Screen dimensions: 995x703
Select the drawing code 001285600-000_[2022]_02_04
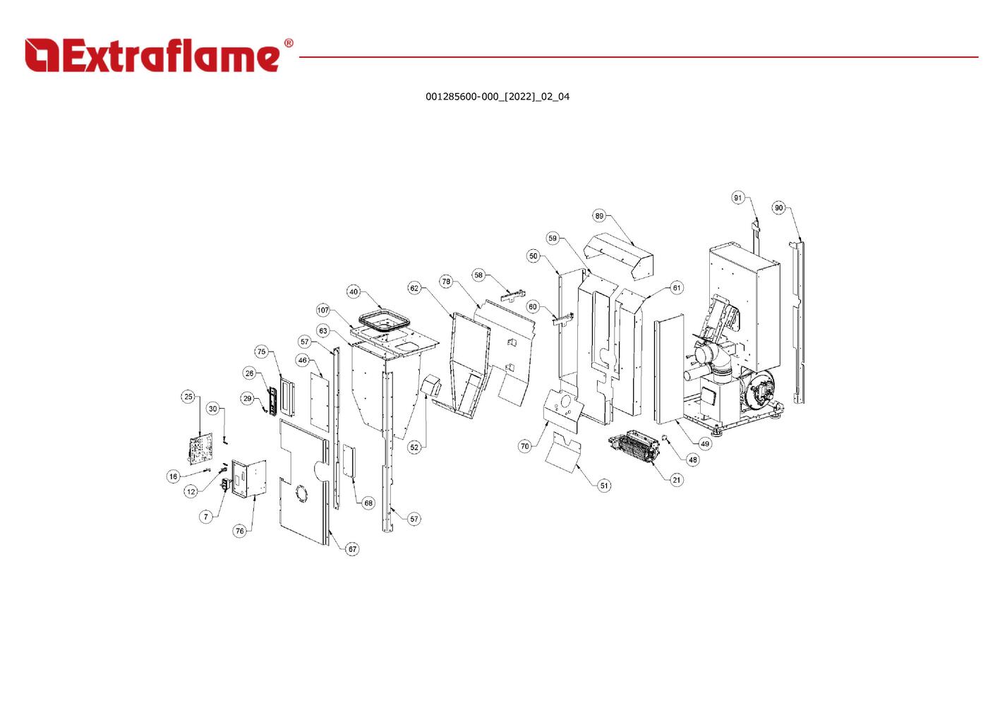pos(497,97)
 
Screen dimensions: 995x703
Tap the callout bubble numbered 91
pos(737,198)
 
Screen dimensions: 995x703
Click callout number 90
pos(778,208)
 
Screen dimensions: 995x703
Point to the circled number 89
pos(599,216)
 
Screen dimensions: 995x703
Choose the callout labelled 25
pos(188,397)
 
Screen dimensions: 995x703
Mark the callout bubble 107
pos(323,310)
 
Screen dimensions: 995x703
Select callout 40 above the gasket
pos(353,292)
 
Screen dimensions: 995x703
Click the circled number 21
pos(676,480)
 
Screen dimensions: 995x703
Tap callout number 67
pos(352,549)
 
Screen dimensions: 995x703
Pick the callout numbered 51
pos(604,486)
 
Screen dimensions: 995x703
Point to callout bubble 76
pos(240,531)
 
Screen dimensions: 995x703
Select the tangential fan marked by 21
pos(634,447)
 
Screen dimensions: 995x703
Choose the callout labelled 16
pos(173,477)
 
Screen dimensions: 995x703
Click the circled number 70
pos(524,446)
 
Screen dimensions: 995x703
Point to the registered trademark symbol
pos(289,43)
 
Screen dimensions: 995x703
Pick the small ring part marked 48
pos(665,437)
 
